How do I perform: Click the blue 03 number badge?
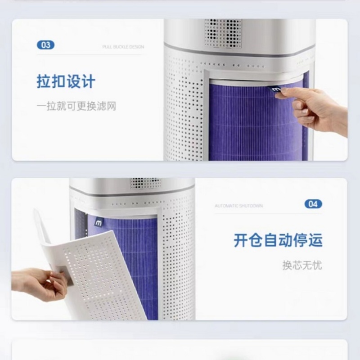45,45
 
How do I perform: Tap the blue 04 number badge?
313,204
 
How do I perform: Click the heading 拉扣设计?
66,82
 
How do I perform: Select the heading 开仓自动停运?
278,240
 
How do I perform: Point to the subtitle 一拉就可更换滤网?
76,107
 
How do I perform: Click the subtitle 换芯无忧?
302,265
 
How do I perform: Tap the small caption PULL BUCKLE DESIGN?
123,47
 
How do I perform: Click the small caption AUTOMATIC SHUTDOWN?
238,206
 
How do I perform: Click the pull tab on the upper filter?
276,91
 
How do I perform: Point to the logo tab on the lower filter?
97,221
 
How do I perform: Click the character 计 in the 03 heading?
88,82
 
